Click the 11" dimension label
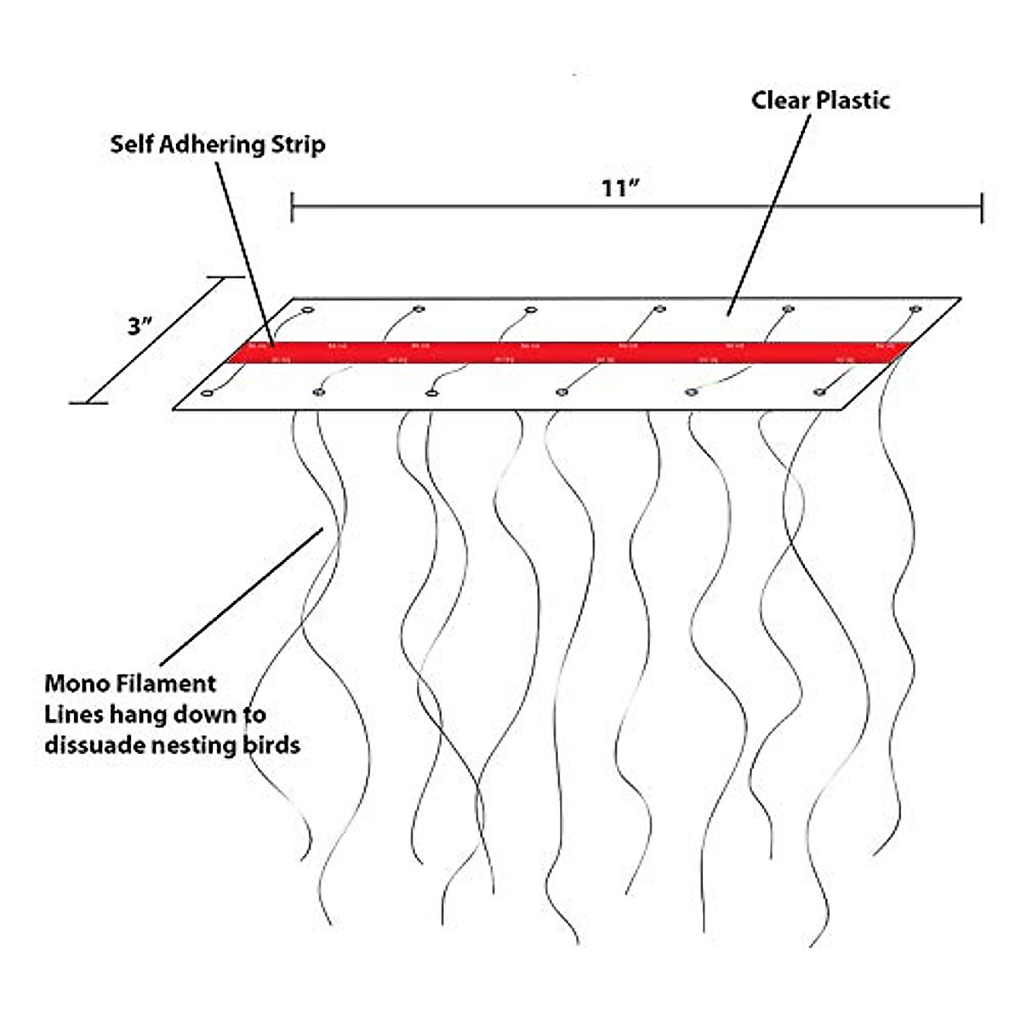(619, 188)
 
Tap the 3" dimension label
(140, 326)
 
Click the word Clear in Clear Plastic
(780, 100)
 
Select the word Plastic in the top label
(853, 100)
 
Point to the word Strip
(298, 145)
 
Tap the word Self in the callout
(131, 144)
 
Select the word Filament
(168, 683)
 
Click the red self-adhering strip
(562, 352)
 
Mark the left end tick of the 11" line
(293, 207)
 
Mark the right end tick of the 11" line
(982, 207)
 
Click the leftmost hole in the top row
(308, 310)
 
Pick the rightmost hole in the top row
(915, 309)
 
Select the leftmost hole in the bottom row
(206, 393)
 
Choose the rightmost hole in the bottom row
(819, 391)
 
